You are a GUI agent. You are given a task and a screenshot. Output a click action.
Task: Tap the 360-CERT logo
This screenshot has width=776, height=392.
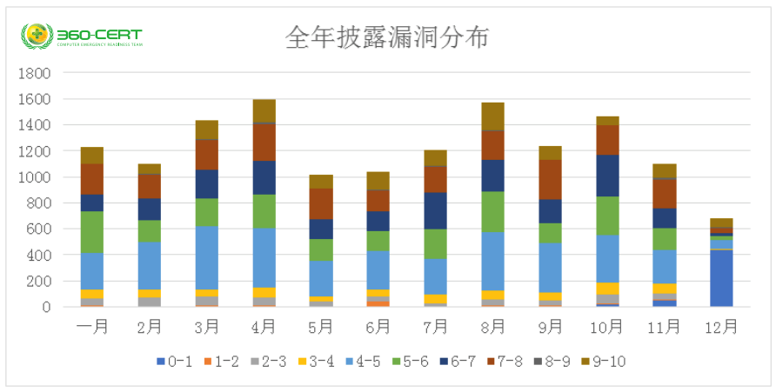(x=82, y=37)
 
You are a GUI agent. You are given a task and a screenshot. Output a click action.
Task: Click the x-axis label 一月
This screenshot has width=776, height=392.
(x=92, y=327)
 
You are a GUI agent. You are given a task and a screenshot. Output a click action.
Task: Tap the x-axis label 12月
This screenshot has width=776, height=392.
(x=720, y=327)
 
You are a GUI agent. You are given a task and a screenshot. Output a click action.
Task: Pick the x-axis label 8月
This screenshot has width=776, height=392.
(x=492, y=327)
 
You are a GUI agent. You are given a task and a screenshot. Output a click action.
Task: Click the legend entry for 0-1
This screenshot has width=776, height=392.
(x=173, y=362)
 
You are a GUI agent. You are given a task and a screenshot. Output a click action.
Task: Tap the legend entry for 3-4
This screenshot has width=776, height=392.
(x=317, y=362)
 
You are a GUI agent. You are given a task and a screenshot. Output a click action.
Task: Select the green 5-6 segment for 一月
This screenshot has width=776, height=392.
(x=92, y=232)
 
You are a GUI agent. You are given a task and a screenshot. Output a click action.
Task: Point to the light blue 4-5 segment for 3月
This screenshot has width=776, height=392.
(x=206, y=257)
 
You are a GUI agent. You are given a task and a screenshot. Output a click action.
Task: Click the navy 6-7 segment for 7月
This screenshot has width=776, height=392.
(x=435, y=210)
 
